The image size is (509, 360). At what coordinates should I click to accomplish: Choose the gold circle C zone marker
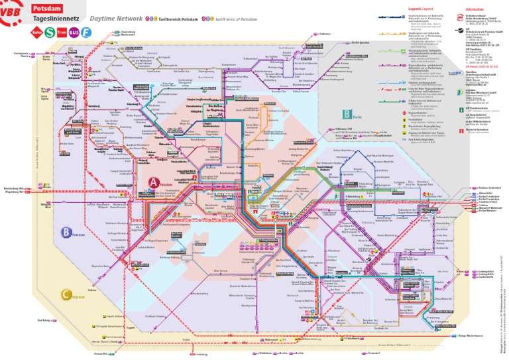[x=65, y=294]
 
